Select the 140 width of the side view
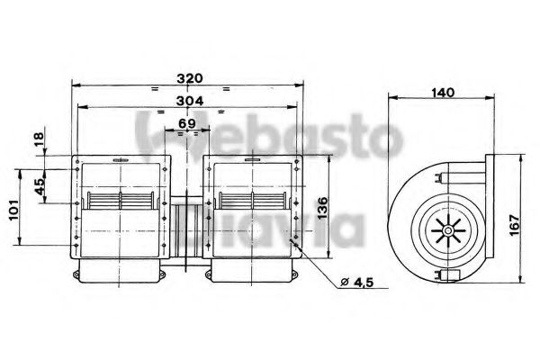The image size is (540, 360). coord(441,93)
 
